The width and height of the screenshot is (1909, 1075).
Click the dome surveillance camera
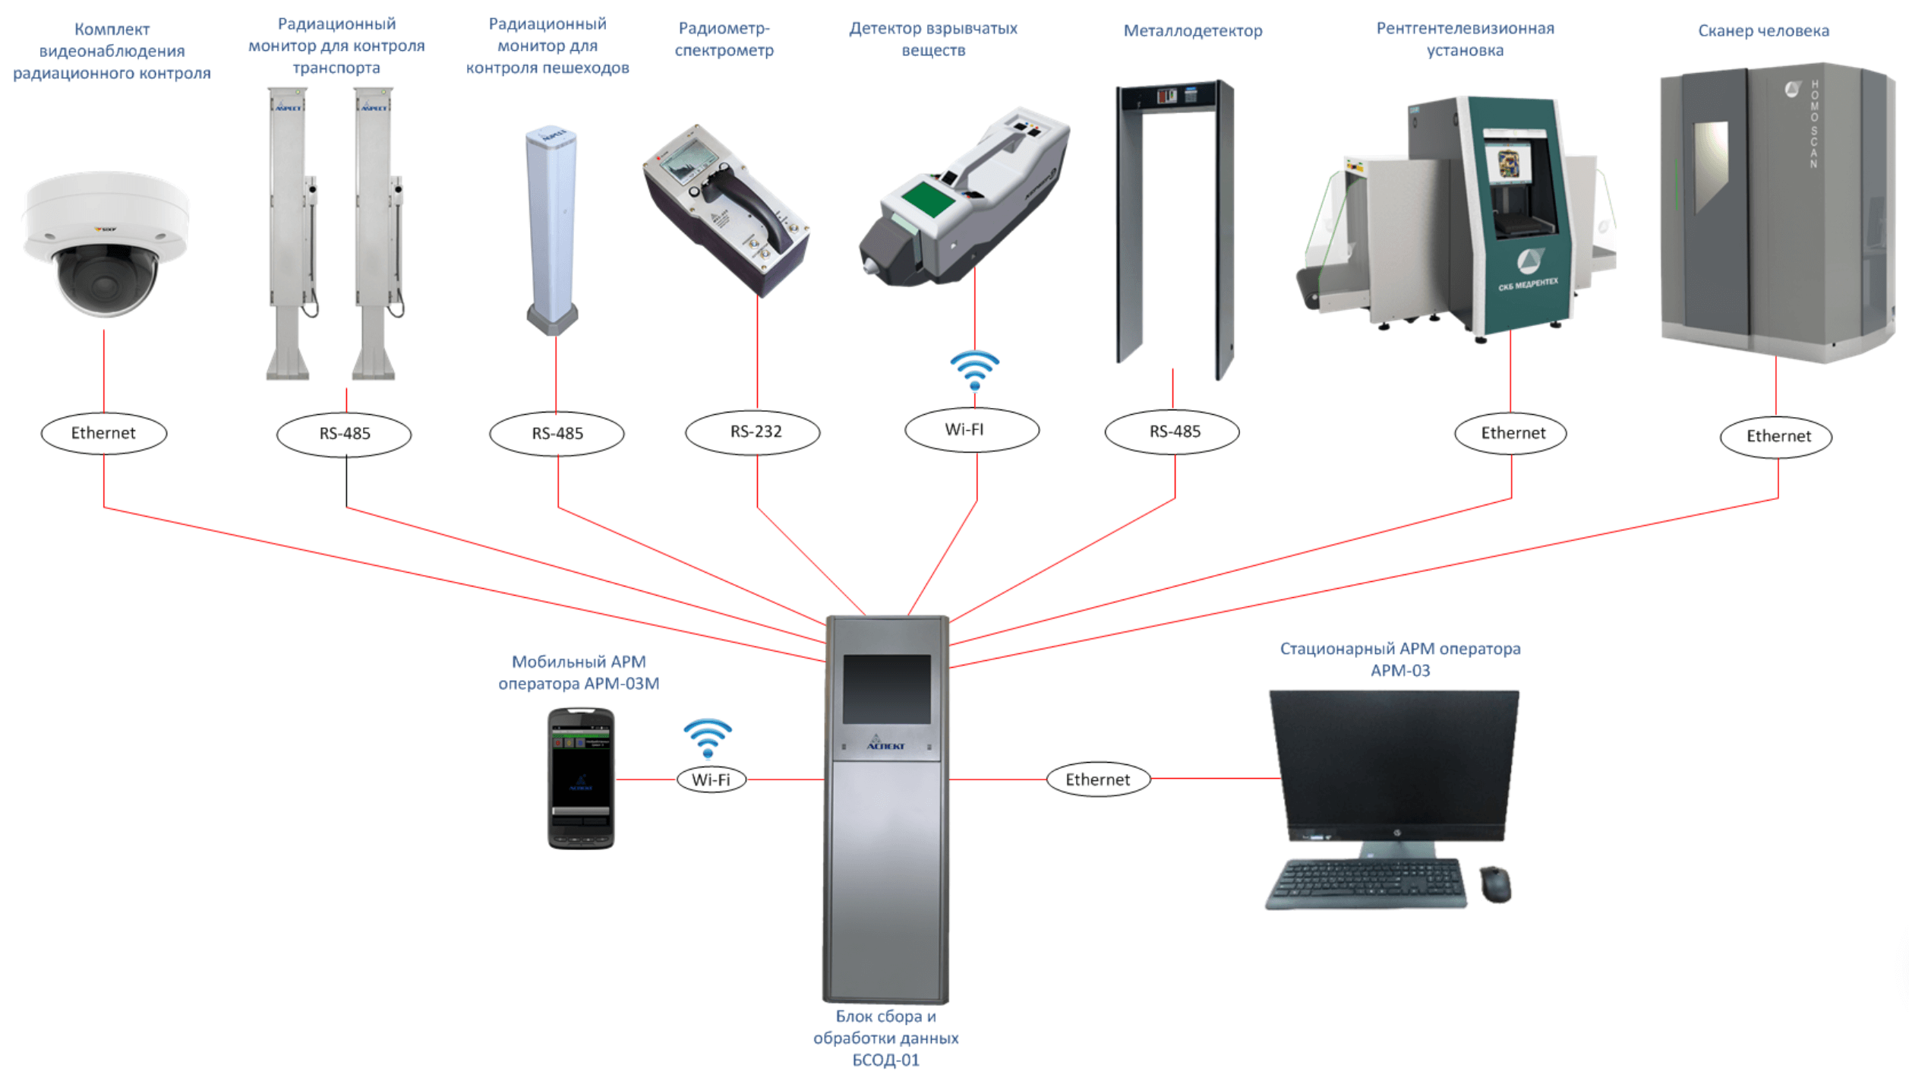click(106, 243)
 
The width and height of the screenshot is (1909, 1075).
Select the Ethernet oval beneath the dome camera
click(104, 433)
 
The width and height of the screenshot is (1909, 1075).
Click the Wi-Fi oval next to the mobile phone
click(711, 779)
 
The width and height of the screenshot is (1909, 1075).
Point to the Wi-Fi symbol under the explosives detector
click(974, 370)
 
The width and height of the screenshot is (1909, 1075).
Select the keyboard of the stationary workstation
click(1366, 883)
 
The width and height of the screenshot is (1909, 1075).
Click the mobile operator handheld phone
click(581, 778)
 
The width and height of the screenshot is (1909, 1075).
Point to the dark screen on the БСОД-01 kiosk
click(887, 689)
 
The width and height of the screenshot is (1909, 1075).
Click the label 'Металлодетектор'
click(1192, 31)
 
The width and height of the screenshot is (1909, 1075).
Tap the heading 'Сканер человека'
click(1763, 31)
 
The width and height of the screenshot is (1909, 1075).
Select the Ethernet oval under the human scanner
click(1776, 436)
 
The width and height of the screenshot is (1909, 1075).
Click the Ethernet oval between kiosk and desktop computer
click(1098, 779)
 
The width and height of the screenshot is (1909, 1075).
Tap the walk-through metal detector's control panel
click(1175, 96)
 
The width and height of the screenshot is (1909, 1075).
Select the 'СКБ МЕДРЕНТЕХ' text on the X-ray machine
click(1528, 284)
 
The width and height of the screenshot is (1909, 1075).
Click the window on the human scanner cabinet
click(1711, 163)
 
